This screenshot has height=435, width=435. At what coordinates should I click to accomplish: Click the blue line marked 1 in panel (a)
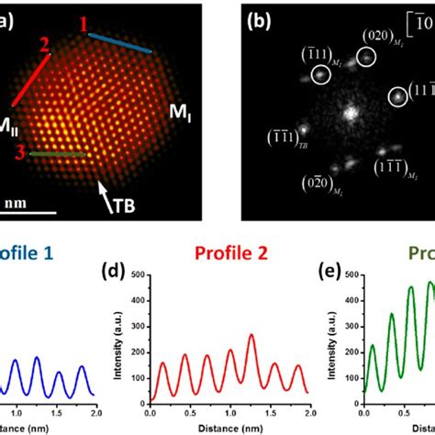pyautogui.click(x=119, y=41)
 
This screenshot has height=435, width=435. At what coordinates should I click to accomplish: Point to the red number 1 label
pyautogui.click(x=84, y=25)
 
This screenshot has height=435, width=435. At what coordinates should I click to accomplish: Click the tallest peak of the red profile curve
pyautogui.click(x=251, y=337)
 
